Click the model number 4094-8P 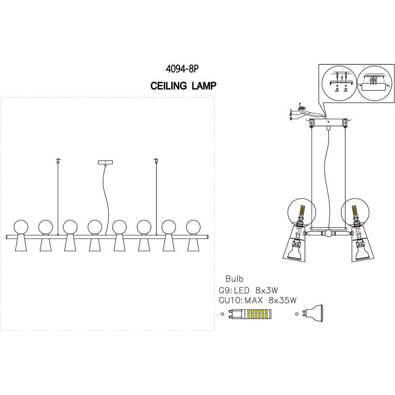point(182,69)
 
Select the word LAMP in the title point(204,87)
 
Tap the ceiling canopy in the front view point(105,162)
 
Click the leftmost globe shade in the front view point(21,227)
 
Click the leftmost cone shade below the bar point(21,245)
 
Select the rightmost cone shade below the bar point(194,245)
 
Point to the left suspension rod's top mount point(58,160)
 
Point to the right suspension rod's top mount point(156,160)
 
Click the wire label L point(291,111)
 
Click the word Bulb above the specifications point(234,277)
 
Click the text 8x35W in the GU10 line point(282,301)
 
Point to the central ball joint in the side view point(329,233)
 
